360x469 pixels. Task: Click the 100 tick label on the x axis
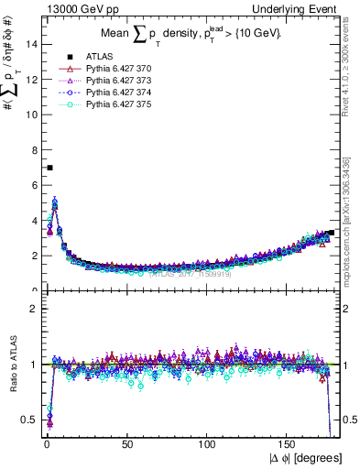coord(208,445)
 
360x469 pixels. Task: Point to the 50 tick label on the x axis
coord(127,445)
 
